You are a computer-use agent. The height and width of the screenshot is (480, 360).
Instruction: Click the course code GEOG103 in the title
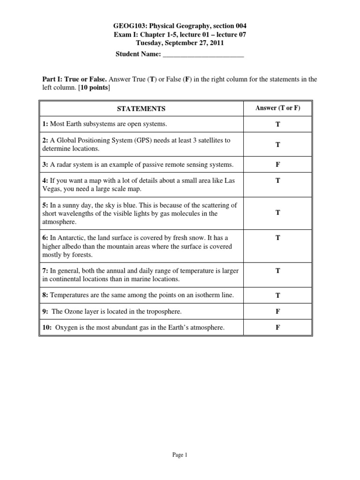click(x=129, y=26)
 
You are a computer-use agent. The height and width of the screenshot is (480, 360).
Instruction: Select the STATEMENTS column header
click(x=141, y=109)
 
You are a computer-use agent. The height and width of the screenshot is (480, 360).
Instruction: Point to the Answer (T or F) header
click(x=277, y=108)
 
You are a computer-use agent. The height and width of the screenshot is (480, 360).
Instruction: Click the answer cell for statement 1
click(x=277, y=125)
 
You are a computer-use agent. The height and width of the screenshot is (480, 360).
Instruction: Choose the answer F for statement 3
click(x=277, y=165)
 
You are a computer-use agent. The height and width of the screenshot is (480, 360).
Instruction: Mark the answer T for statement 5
click(x=277, y=213)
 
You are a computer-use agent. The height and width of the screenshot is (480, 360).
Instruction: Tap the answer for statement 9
click(x=277, y=311)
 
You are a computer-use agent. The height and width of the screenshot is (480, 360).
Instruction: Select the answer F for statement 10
click(x=277, y=328)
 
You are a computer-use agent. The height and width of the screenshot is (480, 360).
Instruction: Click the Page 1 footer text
click(x=180, y=454)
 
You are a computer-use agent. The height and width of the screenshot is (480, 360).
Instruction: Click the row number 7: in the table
click(x=45, y=270)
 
